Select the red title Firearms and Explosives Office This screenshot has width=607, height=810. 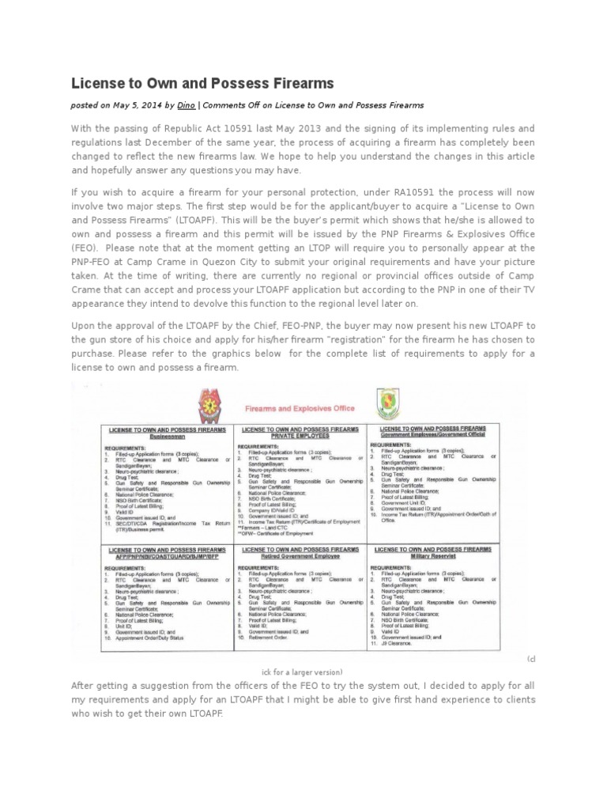[297, 409]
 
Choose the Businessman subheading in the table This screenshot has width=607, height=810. [167, 436]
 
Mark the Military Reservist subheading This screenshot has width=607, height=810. [432, 557]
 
